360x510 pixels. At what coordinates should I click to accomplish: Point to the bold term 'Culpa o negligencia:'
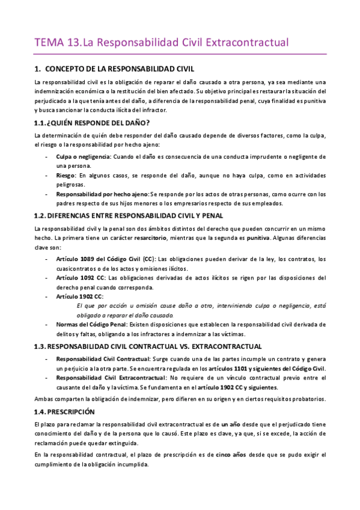84,156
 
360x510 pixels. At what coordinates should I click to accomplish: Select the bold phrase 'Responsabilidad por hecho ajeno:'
102,194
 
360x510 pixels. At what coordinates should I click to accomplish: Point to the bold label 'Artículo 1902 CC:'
80,296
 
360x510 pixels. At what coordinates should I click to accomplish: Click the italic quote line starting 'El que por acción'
198,306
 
